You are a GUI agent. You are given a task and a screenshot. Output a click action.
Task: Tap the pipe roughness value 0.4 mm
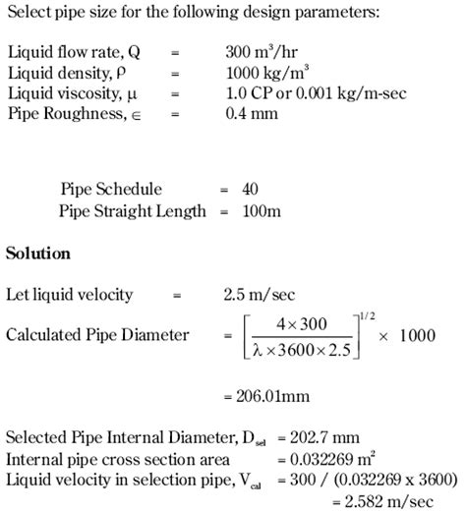pos(252,113)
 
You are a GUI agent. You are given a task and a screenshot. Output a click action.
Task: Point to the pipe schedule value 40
pos(249,189)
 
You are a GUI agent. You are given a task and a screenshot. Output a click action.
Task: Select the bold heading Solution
pos(38,253)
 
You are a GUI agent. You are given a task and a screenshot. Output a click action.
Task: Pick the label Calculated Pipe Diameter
pos(97,335)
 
